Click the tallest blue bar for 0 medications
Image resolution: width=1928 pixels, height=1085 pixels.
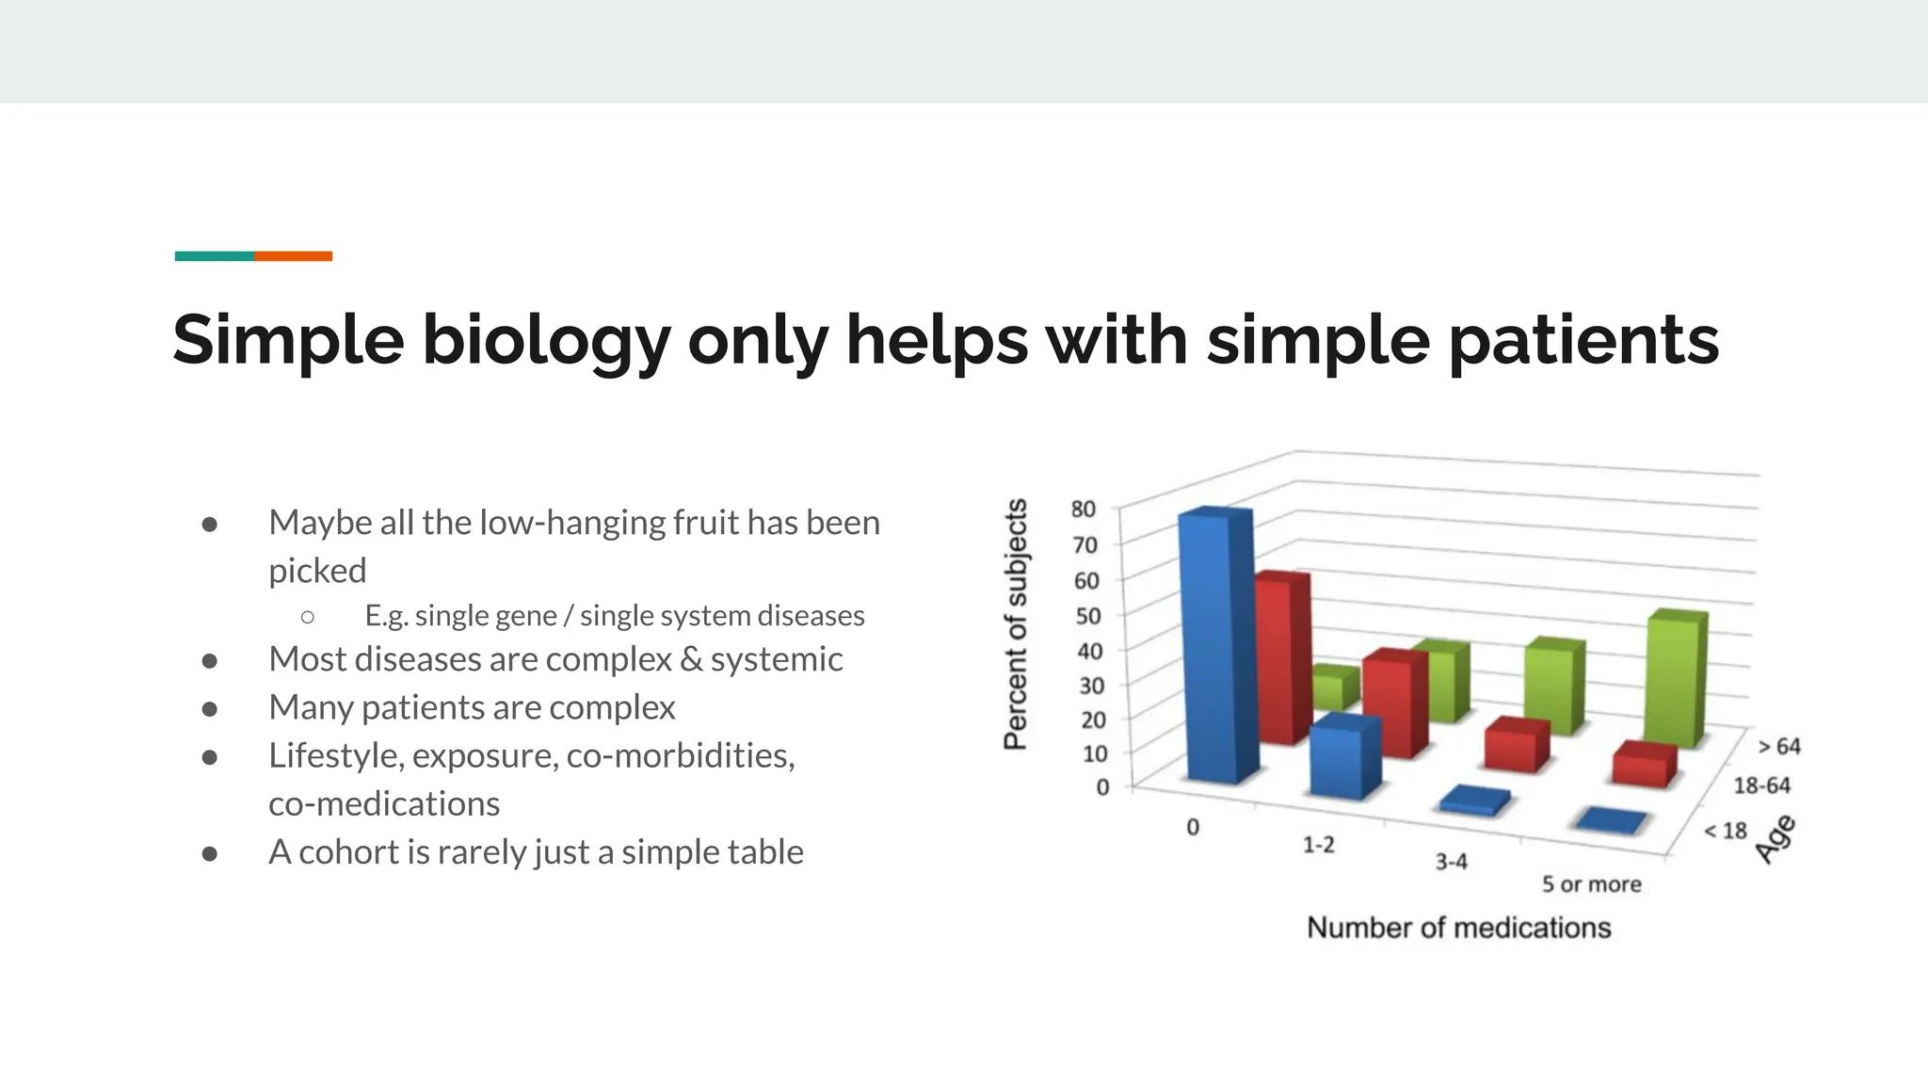coord(1216,650)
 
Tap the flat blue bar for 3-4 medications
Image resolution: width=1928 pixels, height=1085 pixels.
coord(1474,801)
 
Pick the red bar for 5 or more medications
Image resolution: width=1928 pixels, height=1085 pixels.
coord(1643,765)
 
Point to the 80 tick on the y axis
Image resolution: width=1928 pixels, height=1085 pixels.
coord(1084,510)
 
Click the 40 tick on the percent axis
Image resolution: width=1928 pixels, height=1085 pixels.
coord(1090,651)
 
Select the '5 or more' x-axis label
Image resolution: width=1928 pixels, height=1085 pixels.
coord(1591,884)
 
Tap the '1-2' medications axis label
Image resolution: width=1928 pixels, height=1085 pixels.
coord(1318,845)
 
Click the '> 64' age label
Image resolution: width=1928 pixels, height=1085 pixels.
coord(1778,747)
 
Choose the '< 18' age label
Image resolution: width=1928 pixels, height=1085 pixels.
coord(1726,831)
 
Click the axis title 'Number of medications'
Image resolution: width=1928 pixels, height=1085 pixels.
coord(1458,928)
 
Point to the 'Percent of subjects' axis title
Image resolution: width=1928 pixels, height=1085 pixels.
coord(1016,624)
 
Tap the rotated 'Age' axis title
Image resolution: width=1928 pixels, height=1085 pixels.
coord(1775,839)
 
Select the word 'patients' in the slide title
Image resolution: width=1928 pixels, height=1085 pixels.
coord(1583,341)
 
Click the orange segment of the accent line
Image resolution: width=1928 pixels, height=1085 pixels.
coord(293,256)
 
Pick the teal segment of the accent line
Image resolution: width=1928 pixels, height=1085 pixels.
coord(214,256)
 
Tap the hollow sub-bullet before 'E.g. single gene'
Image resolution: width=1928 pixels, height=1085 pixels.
coord(308,617)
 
